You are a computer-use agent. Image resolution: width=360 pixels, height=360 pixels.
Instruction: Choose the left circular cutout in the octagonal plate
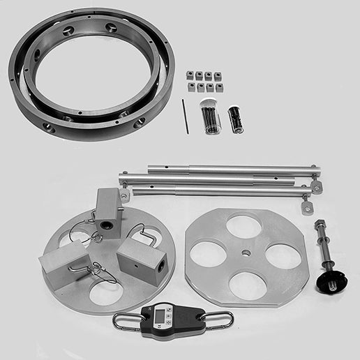(x=209, y=254)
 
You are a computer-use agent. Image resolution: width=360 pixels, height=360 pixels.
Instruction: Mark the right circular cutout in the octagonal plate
(x=282, y=255)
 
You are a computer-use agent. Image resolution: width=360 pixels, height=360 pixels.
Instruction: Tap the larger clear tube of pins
(x=210, y=116)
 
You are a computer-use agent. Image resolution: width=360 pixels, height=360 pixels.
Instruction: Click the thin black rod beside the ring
(x=185, y=115)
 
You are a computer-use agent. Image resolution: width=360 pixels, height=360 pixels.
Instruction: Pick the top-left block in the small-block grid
(x=190, y=75)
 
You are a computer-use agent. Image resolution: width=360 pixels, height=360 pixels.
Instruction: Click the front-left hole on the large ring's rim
(x=48, y=128)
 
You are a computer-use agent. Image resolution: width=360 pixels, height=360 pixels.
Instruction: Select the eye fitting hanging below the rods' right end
(x=307, y=207)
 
